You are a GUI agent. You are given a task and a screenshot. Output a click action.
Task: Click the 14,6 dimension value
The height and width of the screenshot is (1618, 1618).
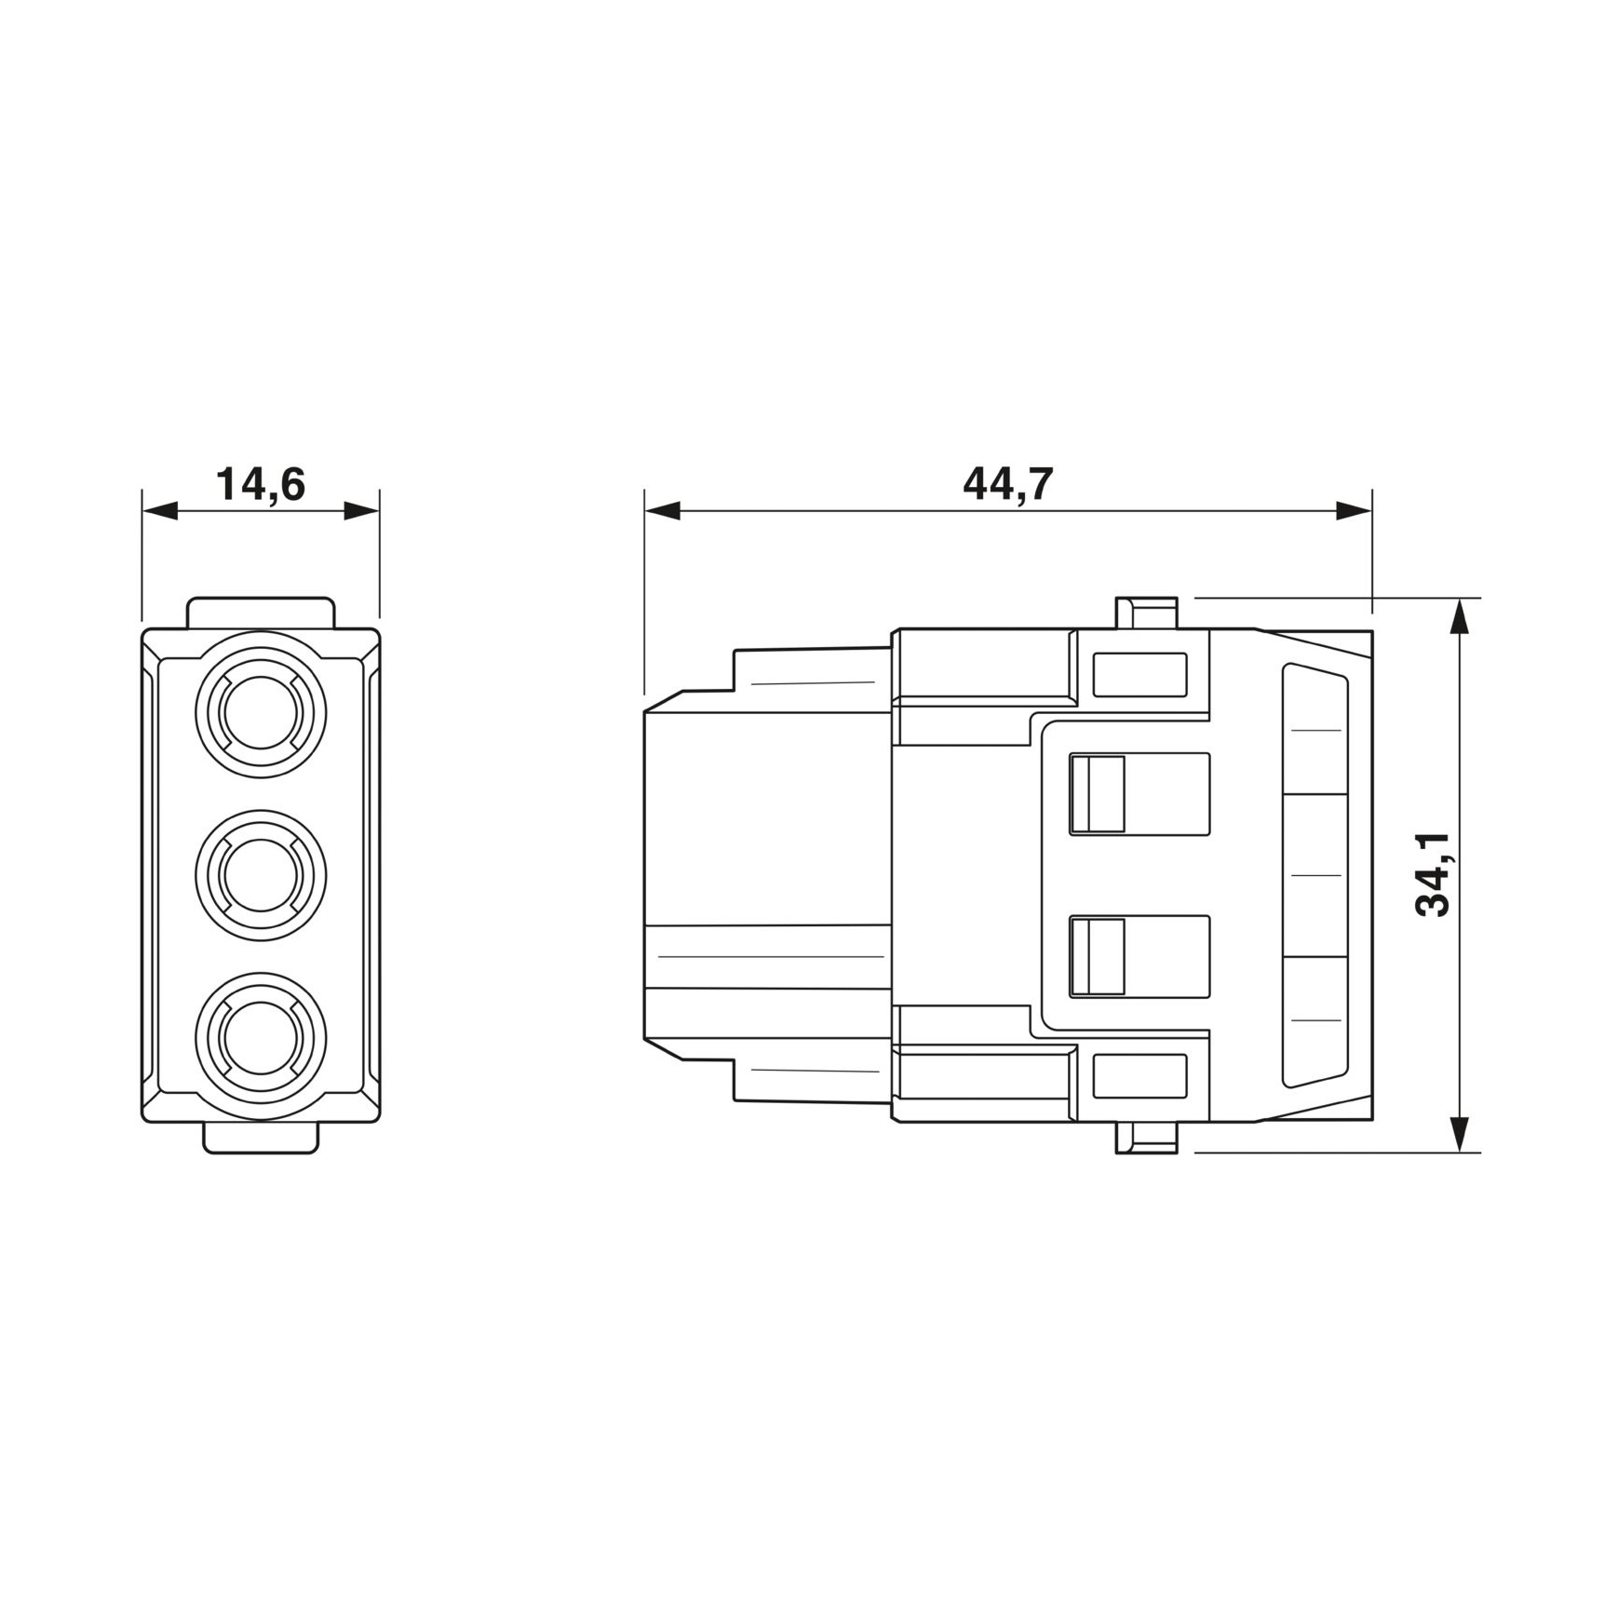point(261,485)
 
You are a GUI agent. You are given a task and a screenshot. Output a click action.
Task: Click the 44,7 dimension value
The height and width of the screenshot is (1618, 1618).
point(1007,485)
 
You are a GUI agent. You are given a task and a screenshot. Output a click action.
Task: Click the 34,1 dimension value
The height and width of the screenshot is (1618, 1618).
point(1433,874)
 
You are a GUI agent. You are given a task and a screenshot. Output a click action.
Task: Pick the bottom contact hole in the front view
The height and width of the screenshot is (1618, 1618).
point(261,1037)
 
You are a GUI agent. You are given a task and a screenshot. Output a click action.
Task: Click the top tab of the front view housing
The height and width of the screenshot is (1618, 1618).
point(261,613)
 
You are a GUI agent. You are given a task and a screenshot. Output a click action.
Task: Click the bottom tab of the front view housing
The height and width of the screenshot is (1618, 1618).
point(261,1138)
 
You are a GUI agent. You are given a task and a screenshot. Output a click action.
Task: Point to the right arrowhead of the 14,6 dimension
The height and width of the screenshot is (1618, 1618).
point(362,510)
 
